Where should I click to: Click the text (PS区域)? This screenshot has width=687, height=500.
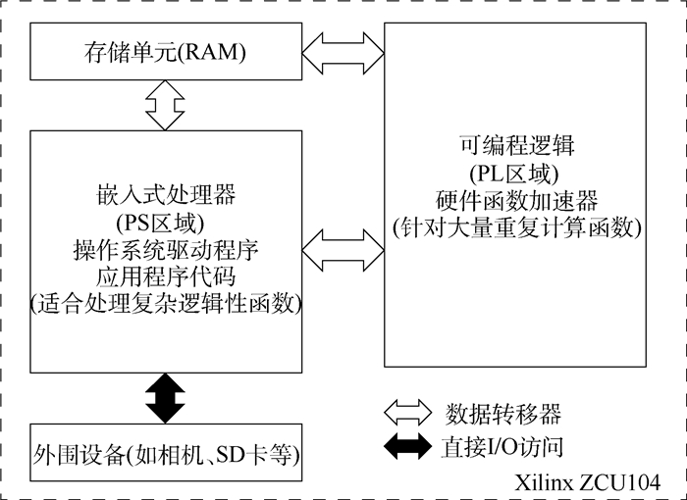pos(163,218)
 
